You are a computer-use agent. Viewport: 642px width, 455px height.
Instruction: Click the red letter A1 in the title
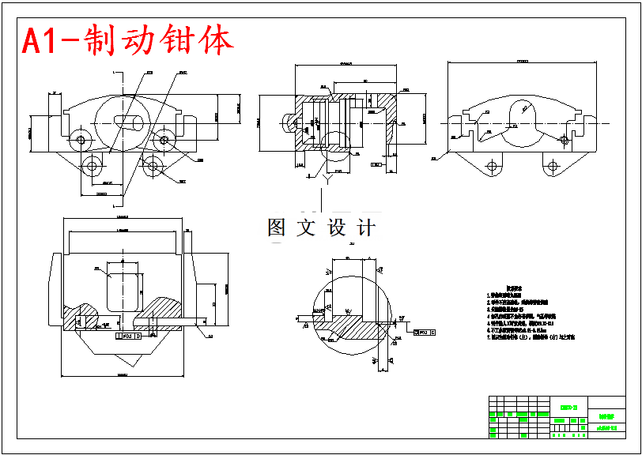pos(42,41)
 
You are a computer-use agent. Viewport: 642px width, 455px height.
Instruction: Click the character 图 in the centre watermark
pos(277,227)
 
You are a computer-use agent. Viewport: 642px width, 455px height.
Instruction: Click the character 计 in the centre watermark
pos(366,227)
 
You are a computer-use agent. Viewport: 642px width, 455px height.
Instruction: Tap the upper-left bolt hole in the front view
pos(81,140)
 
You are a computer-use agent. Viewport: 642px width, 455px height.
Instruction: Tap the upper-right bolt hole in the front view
pos(164,140)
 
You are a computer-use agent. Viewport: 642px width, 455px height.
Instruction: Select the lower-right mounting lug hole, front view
pos(153,166)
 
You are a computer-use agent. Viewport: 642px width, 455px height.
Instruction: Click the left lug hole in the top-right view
pos(493,167)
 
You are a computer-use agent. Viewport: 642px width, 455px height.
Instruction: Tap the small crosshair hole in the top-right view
pos(563,140)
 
